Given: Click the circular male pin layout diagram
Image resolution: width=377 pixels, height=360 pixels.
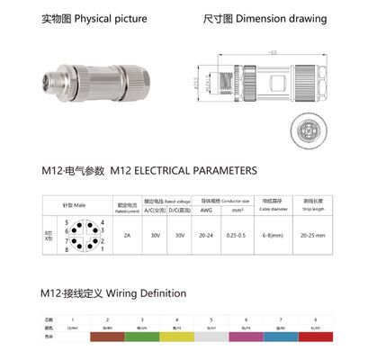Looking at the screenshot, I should click(x=85, y=236).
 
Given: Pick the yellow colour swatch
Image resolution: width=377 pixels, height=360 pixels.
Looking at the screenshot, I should click(x=176, y=336).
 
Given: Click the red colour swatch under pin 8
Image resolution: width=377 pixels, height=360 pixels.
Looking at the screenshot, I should click(x=315, y=336).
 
